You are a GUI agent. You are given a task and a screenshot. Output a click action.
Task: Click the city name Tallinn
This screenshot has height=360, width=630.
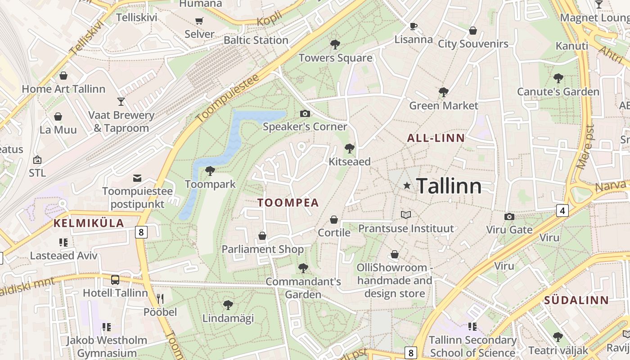449,186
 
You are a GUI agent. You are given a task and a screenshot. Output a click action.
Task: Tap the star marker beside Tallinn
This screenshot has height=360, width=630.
407,185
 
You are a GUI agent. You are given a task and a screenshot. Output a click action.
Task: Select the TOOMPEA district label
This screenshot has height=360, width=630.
288,202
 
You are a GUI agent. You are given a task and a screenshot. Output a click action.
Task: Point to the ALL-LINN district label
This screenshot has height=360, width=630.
436,138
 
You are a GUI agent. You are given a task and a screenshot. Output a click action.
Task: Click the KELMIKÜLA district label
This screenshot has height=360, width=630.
89,223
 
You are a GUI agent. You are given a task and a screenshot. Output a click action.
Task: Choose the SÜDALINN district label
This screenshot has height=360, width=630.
576,300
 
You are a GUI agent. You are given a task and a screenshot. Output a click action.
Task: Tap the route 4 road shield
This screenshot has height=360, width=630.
562,210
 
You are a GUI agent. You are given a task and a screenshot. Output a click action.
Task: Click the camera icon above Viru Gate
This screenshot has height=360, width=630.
509,216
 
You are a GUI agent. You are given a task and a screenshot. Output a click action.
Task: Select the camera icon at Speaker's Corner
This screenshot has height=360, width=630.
305,113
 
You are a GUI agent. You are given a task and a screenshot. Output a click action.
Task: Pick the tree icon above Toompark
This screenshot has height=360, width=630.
210,171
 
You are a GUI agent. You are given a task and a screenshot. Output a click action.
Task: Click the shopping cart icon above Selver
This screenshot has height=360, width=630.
199,21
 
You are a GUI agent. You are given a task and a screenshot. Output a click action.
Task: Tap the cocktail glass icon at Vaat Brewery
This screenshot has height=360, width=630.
121,101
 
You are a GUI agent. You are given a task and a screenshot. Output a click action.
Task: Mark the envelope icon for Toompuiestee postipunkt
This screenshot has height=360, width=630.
137,178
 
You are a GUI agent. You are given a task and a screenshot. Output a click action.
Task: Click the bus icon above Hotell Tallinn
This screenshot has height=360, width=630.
115,279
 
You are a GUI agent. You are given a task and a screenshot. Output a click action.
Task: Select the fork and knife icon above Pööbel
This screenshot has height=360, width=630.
160,298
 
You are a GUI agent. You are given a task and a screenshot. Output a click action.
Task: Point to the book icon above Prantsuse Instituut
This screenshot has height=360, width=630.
406,215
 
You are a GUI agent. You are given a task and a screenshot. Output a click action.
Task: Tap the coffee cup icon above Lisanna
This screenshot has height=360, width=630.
413,26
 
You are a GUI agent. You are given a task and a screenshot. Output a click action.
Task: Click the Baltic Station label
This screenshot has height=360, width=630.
256,40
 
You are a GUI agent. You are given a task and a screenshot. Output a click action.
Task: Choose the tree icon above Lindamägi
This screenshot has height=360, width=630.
228,305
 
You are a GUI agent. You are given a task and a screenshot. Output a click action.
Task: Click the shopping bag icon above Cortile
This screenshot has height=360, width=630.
334,220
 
